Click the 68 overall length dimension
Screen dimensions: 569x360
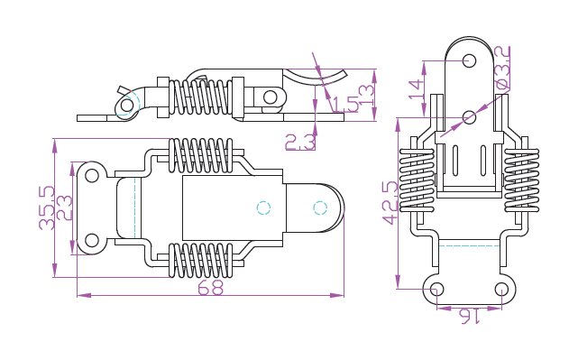click(210, 288)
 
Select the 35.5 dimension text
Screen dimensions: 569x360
click(47, 208)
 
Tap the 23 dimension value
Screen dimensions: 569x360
click(65, 208)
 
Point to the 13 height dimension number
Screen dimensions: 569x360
click(366, 95)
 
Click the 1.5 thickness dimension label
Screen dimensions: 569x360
click(345, 104)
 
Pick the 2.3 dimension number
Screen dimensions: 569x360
click(300, 142)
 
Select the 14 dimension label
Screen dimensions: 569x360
click(417, 88)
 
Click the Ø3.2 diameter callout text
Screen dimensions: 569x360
click(503, 68)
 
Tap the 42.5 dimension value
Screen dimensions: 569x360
click(390, 203)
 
